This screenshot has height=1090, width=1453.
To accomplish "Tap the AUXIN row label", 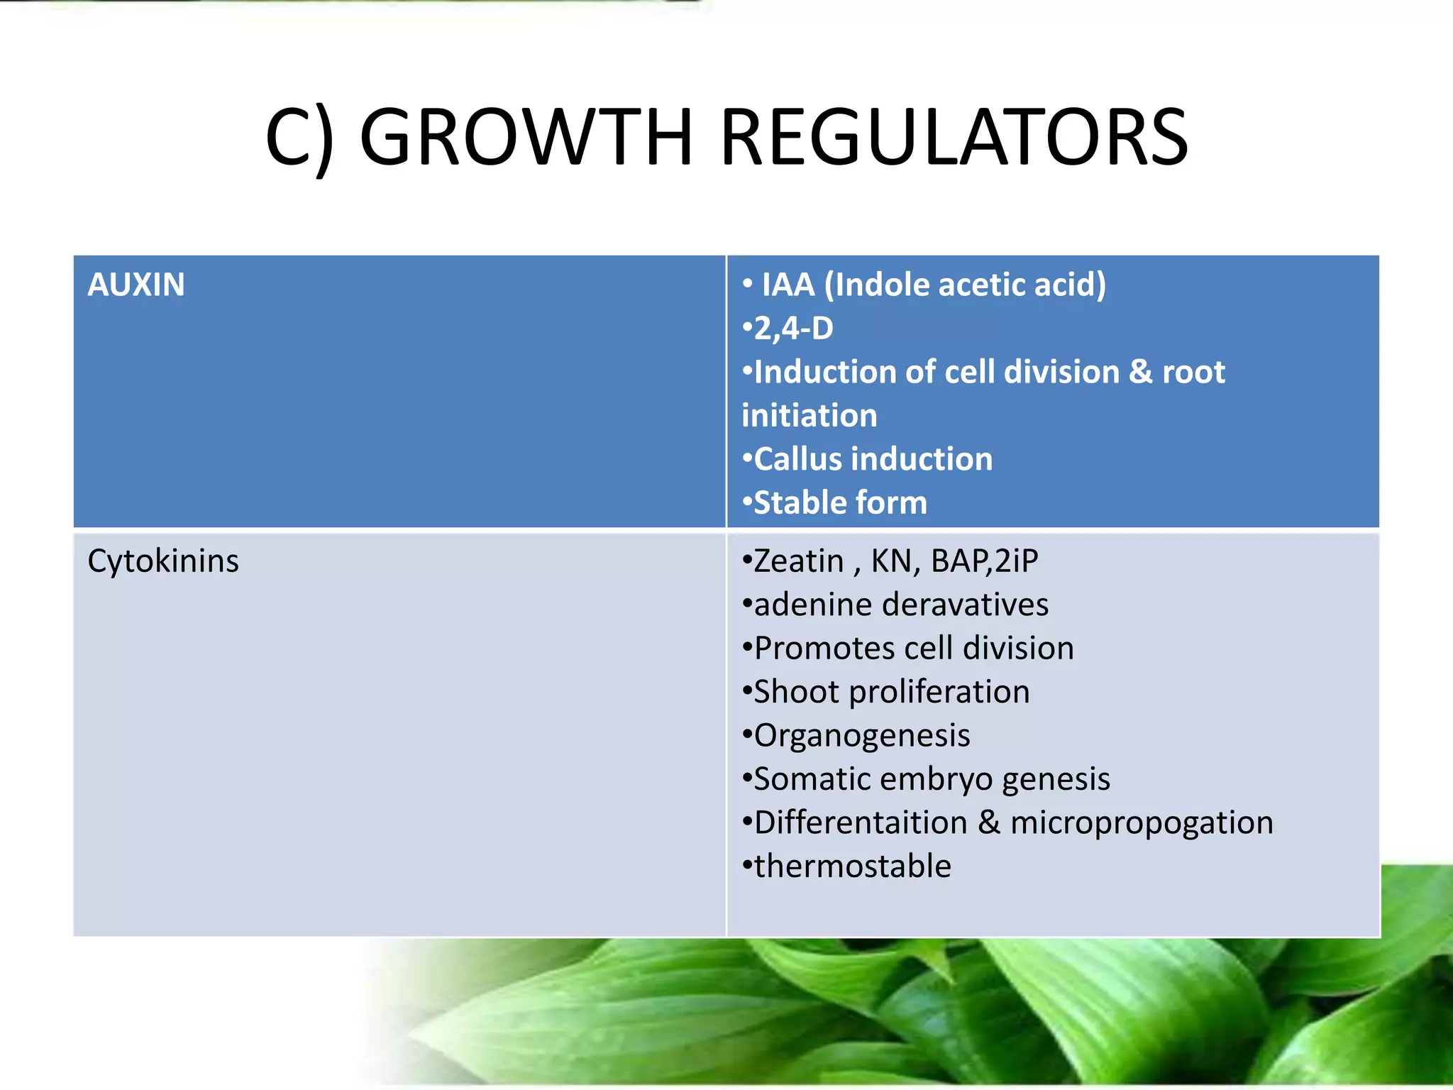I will pyautogui.click(x=136, y=285).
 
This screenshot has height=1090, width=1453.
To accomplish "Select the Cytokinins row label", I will pyautogui.click(x=163, y=561).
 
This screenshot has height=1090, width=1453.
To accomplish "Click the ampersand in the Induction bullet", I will pyautogui.click(x=1139, y=372).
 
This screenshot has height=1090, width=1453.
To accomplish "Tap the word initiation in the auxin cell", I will pyautogui.click(x=809, y=416).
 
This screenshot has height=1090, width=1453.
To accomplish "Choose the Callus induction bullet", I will pyautogui.click(x=873, y=459).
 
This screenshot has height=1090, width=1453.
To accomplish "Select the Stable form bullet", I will pyautogui.click(x=840, y=503).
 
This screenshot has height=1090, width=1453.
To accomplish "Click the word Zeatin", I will pyautogui.click(x=798, y=561).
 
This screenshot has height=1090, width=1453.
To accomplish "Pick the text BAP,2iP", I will pyautogui.click(x=984, y=561).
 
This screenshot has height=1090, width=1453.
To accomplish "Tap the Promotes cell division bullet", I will pyautogui.click(x=914, y=648).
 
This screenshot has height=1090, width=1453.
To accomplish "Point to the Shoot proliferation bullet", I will pyautogui.click(x=891, y=692).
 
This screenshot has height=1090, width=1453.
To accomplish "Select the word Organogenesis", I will pyautogui.click(x=861, y=736).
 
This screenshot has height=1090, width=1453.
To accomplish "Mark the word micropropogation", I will pyautogui.click(x=1142, y=823).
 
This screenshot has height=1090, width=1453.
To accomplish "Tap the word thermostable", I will pyautogui.click(x=852, y=866).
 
